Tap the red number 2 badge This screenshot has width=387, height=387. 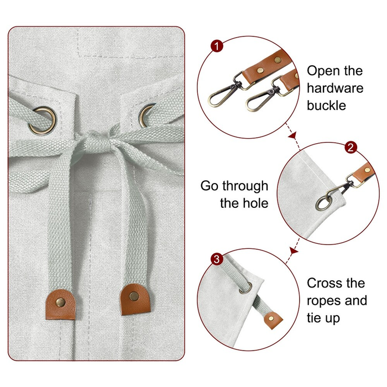click(x=349, y=148)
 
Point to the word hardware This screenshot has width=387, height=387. click(x=335, y=88)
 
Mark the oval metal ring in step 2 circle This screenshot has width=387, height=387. click(x=323, y=201)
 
